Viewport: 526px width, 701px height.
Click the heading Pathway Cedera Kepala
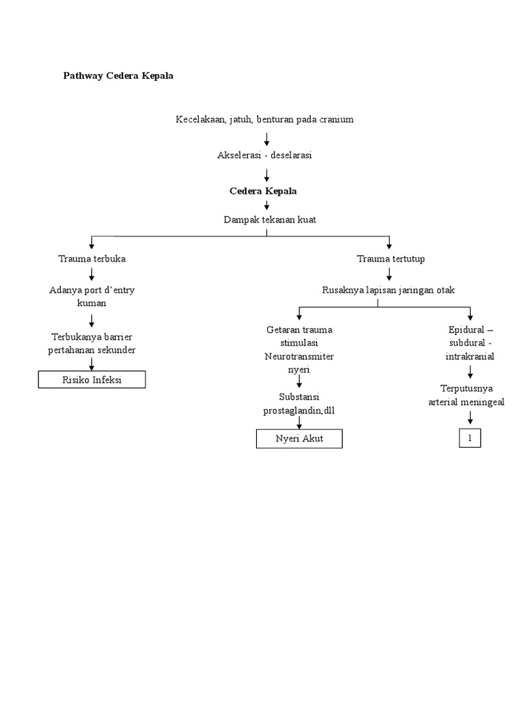pos(118,76)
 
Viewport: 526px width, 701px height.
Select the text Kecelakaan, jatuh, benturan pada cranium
pos(264,119)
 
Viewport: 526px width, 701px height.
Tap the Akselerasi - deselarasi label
pos(264,155)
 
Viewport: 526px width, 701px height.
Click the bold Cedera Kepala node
pos(263,191)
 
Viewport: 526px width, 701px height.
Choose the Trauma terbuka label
pos(92,259)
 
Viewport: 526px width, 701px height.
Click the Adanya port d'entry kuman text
pos(92,296)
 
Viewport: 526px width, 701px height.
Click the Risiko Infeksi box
pos(92,379)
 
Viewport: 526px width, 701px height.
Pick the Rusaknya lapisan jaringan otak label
pos(388,290)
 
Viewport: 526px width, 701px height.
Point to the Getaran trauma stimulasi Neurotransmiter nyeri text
pos(299,350)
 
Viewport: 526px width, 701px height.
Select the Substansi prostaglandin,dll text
pos(299,403)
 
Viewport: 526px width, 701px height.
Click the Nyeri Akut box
pos(299,439)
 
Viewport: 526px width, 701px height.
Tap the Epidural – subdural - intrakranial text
pos(470,344)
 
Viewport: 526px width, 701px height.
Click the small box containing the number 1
pos(470,439)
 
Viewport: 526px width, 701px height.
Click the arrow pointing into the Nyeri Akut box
pos(299,422)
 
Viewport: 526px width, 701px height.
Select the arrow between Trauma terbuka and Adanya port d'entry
pos(92,275)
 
